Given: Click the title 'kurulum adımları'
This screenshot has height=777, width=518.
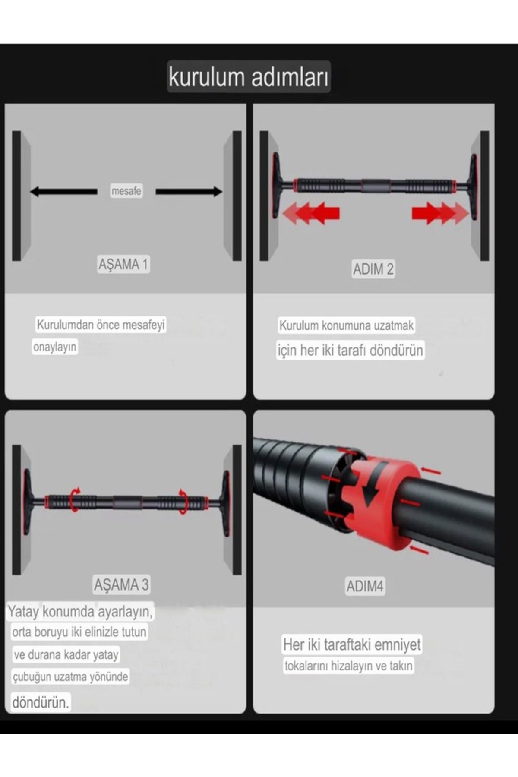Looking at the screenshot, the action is click(249, 77).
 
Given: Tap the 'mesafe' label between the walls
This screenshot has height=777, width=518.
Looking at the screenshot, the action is click(126, 191).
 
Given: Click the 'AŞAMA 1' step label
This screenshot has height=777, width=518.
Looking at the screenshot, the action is click(123, 264).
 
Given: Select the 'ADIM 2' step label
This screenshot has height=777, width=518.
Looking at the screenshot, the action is click(373, 269).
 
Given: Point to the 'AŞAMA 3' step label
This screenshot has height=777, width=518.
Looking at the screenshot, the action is click(121, 584).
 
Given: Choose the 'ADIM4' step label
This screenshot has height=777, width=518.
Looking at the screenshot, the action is click(365, 586).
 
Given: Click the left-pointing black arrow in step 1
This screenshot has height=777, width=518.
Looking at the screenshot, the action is click(63, 191).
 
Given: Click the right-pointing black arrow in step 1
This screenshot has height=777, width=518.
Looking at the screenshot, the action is click(189, 191).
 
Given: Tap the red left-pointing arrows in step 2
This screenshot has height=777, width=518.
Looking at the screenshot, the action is click(311, 213).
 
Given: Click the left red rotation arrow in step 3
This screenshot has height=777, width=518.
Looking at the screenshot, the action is click(75, 499).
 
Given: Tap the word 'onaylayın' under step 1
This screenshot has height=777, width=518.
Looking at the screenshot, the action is click(55, 347).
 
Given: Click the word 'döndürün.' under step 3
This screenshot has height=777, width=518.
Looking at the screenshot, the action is click(40, 702).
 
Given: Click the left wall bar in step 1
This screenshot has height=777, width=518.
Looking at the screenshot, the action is click(17, 196).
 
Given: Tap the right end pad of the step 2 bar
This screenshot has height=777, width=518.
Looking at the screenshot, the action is click(474, 186).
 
